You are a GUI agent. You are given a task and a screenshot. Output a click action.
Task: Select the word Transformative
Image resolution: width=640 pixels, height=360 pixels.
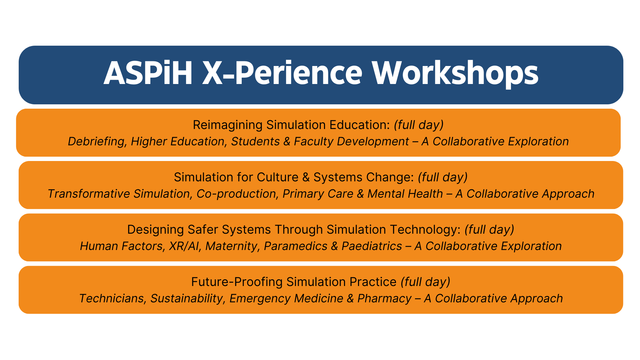tap(89, 194)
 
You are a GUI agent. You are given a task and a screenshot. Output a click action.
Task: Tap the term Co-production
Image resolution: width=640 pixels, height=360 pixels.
tap(236, 194)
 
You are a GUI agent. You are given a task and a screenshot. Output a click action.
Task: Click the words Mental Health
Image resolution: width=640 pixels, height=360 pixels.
tap(405, 194)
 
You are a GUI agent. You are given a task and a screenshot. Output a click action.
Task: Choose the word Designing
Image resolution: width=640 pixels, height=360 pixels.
tap(156, 230)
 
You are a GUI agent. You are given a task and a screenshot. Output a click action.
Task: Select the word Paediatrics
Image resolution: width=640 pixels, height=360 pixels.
tap(372, 246)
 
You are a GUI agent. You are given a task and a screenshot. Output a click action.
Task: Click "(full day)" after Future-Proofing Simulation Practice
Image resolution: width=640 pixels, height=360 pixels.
tap(425, 282)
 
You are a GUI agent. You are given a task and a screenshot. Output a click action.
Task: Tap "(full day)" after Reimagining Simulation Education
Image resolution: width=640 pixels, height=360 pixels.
tap(419, 125)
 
